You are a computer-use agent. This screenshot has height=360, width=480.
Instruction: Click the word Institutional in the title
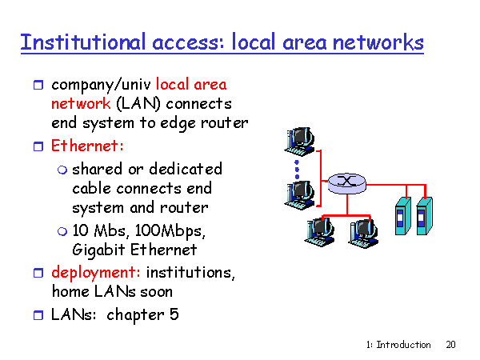click(82, 42)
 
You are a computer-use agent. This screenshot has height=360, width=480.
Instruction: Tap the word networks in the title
click(378, 42)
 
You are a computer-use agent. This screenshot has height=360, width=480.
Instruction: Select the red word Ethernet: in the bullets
click(87, 146)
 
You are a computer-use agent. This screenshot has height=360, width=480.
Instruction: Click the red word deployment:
click(96, 273)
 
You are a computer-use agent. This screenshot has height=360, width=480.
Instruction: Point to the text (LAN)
click(138, 104)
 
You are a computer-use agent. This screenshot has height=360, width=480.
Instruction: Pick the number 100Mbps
click(170, 231)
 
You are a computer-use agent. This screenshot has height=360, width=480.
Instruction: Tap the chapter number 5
click(174, 314)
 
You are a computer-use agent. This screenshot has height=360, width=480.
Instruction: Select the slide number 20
click(450, 345)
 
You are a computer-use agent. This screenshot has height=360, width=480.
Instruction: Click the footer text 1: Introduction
click(398, 345)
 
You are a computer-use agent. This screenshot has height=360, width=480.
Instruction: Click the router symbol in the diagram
click(347, 183)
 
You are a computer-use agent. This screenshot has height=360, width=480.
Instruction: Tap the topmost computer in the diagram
click(299, 142)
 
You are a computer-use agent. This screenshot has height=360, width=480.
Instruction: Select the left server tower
click(403, 216)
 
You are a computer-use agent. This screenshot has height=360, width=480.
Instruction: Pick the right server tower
click(425, 216)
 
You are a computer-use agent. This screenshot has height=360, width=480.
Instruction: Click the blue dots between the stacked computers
click(297, 170)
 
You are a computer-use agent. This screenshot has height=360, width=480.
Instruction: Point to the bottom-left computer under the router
click(319, 231)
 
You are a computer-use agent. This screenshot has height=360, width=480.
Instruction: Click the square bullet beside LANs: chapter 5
click(38, 315)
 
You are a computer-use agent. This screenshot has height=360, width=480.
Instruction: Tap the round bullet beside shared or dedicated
click(62, 170)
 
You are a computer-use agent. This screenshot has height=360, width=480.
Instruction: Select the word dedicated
click(186, 169)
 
